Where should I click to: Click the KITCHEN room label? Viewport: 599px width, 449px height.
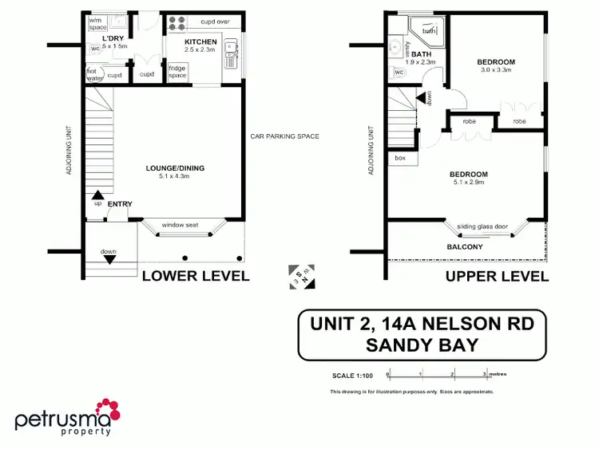click(200, 41)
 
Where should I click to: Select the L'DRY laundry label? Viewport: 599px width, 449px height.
click(113, 38)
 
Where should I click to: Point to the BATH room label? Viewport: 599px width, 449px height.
click(422, 54)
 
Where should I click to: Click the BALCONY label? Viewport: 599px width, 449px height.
click(465, 247)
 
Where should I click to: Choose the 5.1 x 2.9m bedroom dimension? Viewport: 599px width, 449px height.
click(467, 183)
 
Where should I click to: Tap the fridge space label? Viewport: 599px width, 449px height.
click(177, 71)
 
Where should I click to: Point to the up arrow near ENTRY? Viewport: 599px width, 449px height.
click(98, 194)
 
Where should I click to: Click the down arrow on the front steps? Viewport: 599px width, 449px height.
click(109, 258)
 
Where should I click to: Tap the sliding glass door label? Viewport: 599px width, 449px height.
click(482, 226)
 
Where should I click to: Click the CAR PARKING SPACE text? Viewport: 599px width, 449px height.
click(284, 136)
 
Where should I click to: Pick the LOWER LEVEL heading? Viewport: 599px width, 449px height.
click(196, 276)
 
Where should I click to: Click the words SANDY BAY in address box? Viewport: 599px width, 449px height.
click(422, 345)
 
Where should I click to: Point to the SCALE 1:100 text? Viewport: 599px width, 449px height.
click(352, 375)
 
